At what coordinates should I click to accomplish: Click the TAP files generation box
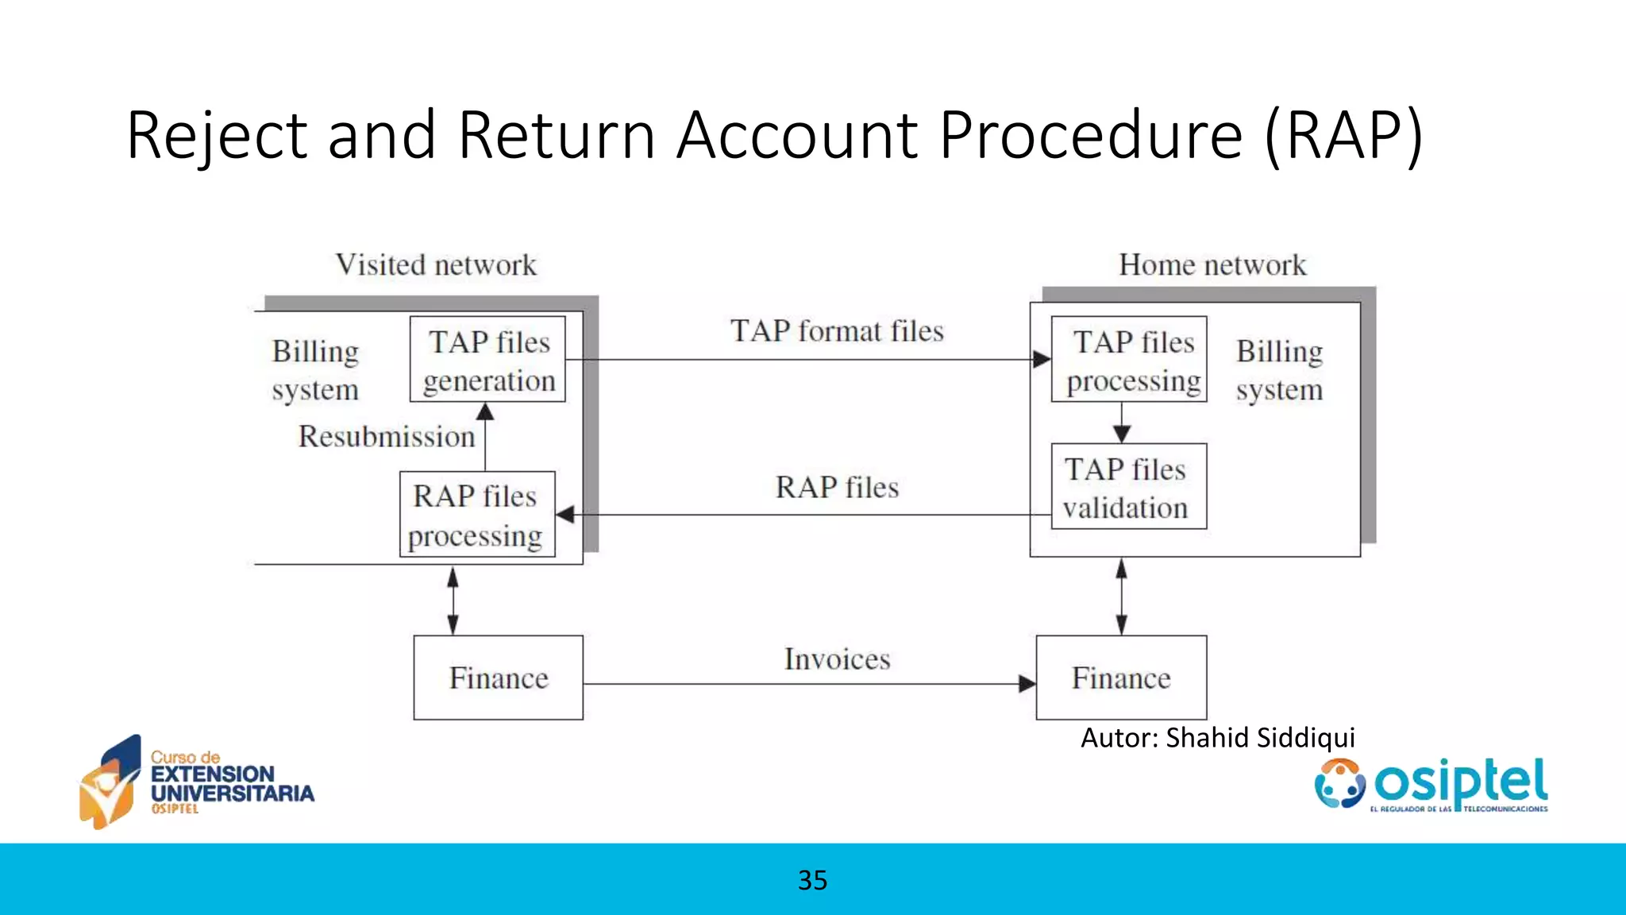coord(487,360)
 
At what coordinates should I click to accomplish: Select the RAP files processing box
coord(477,515)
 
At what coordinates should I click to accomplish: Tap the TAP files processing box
coord(1128,360)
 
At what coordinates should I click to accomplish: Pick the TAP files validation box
coord(1128,487)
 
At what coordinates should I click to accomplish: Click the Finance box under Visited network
coord(499,678)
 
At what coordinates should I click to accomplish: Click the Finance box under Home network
coord(1121,678)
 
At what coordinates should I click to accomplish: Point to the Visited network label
coord(436,264)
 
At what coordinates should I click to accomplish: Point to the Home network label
coord(1212,264)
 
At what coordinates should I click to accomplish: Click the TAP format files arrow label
coord(837,330)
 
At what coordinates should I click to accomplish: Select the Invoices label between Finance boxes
coord(837,659)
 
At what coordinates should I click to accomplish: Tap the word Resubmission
coord(387,436)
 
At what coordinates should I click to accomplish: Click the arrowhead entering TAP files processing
coord(1042,360)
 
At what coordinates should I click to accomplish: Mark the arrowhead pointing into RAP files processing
coord(565,515)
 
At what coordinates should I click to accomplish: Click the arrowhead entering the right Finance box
coord(1027,684)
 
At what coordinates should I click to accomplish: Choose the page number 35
coord(812,880)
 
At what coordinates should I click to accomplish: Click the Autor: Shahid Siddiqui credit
coord(1217,738)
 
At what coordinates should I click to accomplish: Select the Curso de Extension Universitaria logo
coord(197,782)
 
